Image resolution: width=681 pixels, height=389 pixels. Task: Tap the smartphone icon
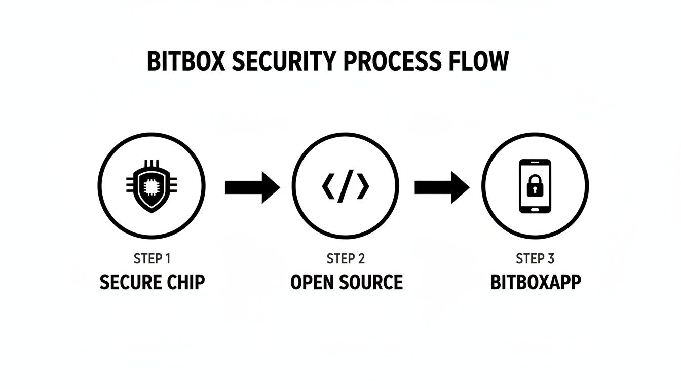coord(535,186)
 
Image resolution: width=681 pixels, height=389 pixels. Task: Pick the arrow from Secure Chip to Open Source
coord(252,187)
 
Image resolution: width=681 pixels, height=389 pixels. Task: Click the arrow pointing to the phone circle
coord(441,187)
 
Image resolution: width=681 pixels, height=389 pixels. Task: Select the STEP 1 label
coord(152,259)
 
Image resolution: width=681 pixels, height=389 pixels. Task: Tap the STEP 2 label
coord(346,259)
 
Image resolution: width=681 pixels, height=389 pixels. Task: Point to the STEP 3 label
coord(535,259)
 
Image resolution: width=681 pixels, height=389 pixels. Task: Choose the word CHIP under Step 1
coord(185,282)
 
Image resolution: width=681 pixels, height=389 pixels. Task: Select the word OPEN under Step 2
coord(311,282)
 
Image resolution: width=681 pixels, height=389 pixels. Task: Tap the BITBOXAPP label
coord(535,282)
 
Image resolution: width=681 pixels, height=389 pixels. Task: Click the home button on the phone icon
coord(535,208)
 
